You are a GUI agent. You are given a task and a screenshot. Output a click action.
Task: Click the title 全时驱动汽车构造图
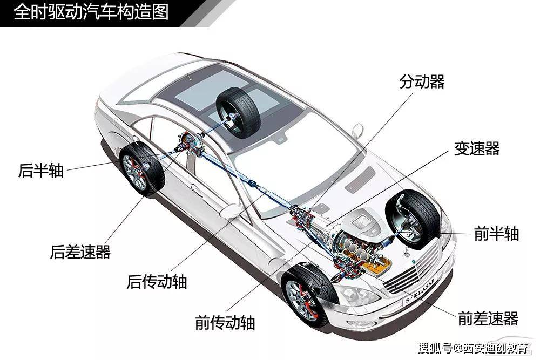[91, 12]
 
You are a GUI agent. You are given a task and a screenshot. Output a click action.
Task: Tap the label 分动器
[422, 81]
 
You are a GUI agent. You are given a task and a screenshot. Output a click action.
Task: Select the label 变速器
[477, 148]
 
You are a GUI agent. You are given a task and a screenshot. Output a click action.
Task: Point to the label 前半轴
[496, 234]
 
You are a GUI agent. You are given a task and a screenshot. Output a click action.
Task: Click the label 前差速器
[488, 318]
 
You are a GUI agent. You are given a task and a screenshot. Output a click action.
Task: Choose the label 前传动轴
[225, 322]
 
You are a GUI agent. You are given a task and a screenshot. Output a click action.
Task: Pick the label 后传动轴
[157, 282]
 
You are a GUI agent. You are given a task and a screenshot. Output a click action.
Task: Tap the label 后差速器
[80, 252]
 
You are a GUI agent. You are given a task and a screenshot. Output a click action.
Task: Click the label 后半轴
[40, 171]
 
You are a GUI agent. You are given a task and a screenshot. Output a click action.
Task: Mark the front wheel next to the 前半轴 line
[413, 219]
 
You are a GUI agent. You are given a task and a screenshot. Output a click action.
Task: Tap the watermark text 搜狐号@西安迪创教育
[473, 348]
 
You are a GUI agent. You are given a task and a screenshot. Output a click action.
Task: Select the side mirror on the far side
[357, 130]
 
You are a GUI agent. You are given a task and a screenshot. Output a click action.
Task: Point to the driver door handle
[197, 190]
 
